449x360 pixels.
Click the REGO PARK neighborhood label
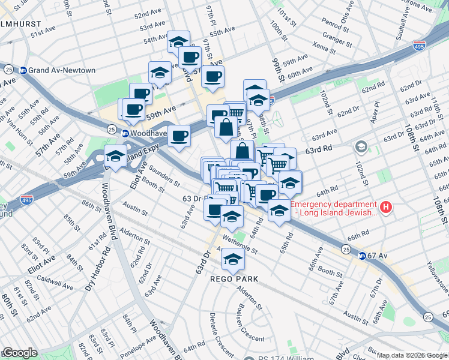234,279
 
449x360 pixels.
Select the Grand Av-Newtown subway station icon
23,70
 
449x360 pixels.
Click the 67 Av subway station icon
363,256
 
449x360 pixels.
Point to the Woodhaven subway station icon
126,133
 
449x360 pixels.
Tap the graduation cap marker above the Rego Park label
232,259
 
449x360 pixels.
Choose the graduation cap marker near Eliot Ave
115,157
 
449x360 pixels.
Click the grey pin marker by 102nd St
361,146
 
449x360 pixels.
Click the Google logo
19,353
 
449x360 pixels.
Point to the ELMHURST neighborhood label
21,24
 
